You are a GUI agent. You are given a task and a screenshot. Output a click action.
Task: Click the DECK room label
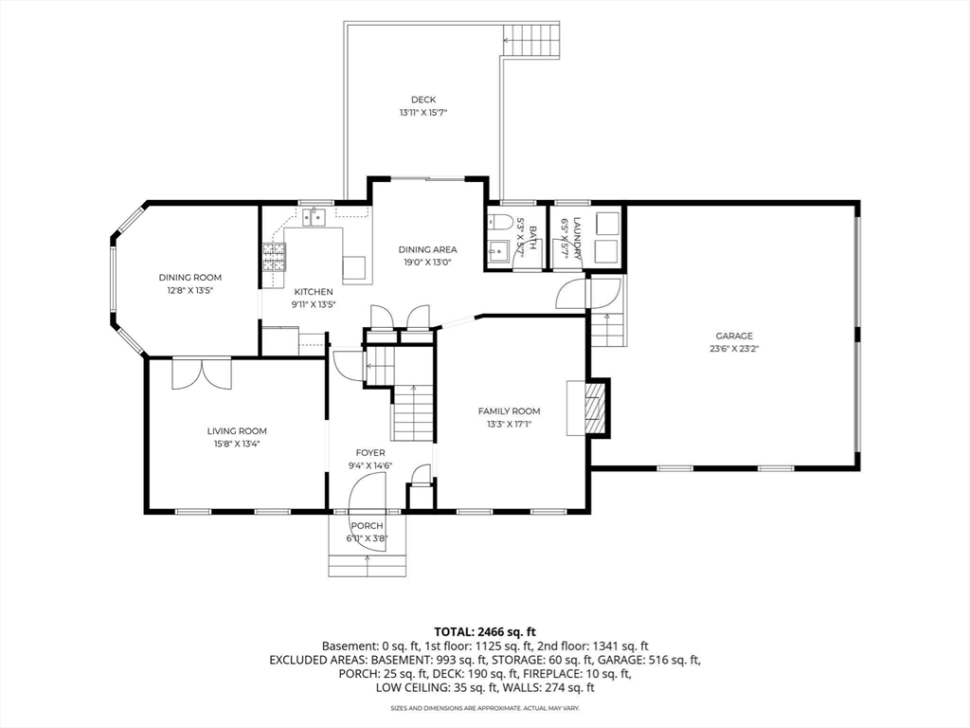click(423, 100)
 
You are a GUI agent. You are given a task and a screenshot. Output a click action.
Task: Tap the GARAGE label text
click(734, 337)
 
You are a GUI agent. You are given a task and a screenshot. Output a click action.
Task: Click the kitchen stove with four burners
click(275, 257)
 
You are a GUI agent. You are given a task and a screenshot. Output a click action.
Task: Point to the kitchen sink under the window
click(314, 217)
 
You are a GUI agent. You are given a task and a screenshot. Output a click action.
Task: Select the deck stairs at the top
click(531, 40)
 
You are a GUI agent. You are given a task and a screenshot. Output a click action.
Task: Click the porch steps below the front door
click(368, 566)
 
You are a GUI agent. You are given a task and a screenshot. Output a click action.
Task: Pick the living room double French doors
click(202, 373)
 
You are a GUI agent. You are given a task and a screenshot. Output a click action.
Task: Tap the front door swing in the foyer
click(368, 492)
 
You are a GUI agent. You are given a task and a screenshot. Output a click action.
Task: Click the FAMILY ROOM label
click(509, 411)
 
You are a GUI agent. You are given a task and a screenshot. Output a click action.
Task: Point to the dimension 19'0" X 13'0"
click(427, 263)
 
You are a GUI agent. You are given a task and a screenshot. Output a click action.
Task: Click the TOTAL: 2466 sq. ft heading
click(485, 632)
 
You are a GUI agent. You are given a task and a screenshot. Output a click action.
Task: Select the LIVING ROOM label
click(237, 431)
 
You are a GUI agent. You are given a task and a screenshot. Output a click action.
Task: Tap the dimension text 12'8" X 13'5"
click(189, 290)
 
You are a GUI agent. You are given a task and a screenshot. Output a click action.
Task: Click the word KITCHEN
click(314, 292)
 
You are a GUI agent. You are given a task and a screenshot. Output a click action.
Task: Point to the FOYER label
click(370, 453)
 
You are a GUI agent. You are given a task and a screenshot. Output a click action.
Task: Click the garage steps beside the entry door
click(606, 329)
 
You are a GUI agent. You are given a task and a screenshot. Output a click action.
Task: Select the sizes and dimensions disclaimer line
click(485, 707)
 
